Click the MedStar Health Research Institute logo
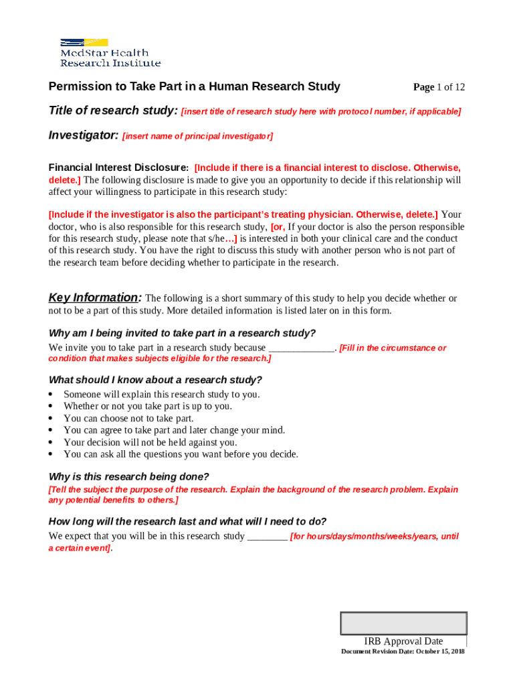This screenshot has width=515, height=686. [110, 52]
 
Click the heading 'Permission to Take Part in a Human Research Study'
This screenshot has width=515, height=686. [194, 86]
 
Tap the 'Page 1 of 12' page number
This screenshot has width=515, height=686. [439, 87]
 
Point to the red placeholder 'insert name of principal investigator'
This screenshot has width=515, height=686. [197, 137]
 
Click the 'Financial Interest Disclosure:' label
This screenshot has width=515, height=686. [118, 167]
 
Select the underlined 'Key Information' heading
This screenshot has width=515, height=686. [94, 297]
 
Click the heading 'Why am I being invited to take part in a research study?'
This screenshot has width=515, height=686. [182, 334]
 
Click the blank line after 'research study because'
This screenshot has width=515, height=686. [301, 348]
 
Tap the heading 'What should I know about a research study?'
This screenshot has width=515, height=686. [155, 380]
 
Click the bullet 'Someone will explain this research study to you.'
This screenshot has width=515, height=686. [161, 395]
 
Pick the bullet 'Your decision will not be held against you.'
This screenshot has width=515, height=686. [150, 443]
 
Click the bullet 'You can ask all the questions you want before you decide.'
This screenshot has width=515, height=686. [181, 455]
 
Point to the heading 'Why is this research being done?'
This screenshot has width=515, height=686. [129, 477]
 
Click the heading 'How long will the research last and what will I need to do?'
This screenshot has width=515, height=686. [187, 522]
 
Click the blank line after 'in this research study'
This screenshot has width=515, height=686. [268, 537]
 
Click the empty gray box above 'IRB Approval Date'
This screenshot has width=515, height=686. [403, 623]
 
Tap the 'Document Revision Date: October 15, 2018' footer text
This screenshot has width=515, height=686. [403, 652]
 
